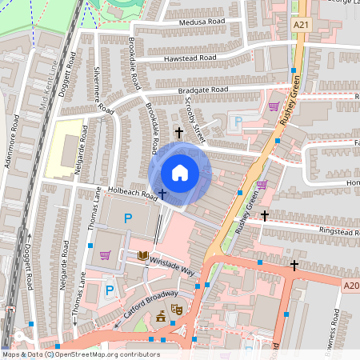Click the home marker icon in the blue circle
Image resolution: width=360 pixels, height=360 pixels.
180,173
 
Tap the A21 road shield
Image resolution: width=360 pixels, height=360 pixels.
301,26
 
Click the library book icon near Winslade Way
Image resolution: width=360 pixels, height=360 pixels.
143,255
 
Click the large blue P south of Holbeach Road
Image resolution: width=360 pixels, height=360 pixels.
126,218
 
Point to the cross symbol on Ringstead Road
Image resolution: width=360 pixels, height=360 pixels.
265,215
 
